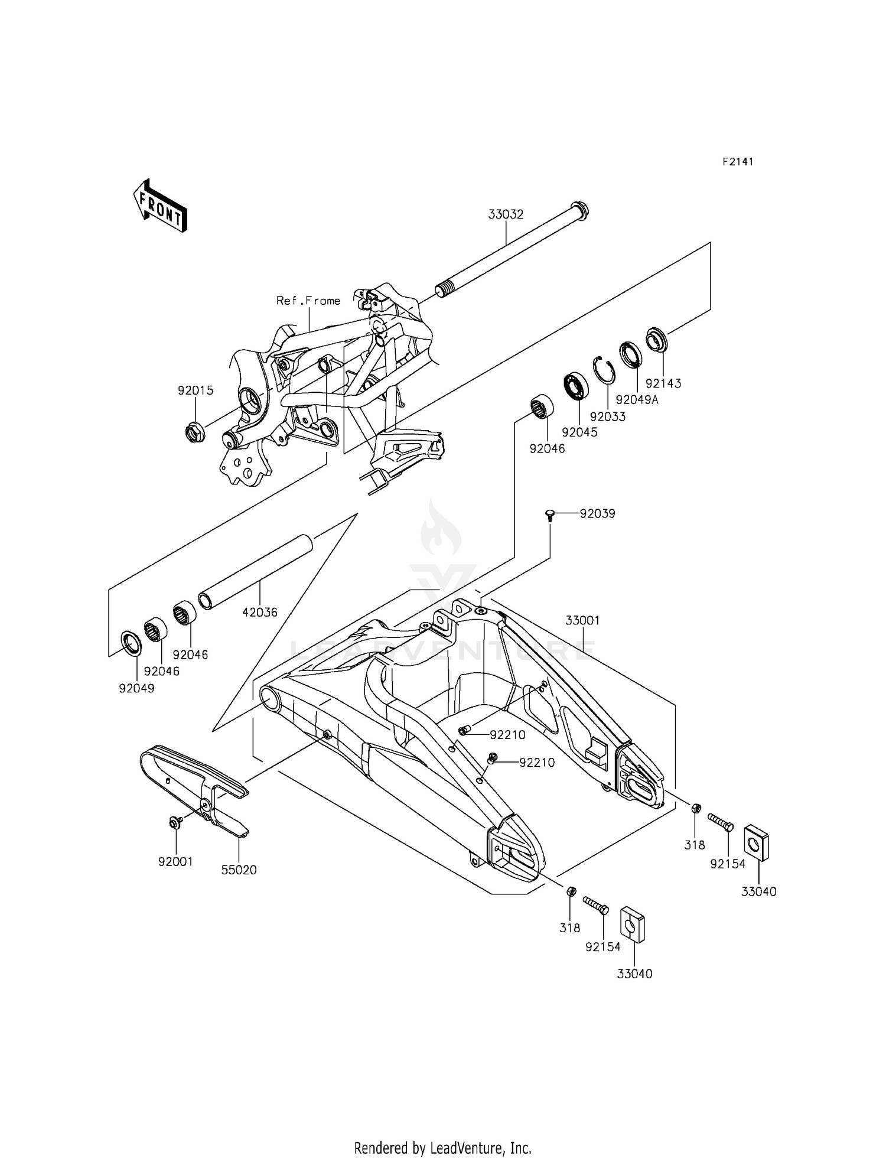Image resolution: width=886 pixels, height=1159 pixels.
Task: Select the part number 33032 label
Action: pos(506,214)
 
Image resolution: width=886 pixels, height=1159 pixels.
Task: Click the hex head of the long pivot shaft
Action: pos(579,210)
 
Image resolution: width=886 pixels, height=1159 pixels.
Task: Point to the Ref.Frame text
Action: pos(308,301)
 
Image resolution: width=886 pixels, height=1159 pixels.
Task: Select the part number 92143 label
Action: pos(663,383)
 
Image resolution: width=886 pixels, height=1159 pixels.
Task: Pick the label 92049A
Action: pos(637,399)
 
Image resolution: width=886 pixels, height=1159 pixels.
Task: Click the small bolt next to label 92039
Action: pos(550,515)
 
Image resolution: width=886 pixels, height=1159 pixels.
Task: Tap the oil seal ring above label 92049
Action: pos(131,643)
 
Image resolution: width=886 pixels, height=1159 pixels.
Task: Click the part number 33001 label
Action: pos(582,620)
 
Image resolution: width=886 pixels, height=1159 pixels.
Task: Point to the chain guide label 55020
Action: pos(239,870)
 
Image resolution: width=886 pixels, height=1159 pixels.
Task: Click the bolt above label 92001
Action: pos(175,822)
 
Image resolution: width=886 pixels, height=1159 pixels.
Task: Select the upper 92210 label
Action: pos(507,735)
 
